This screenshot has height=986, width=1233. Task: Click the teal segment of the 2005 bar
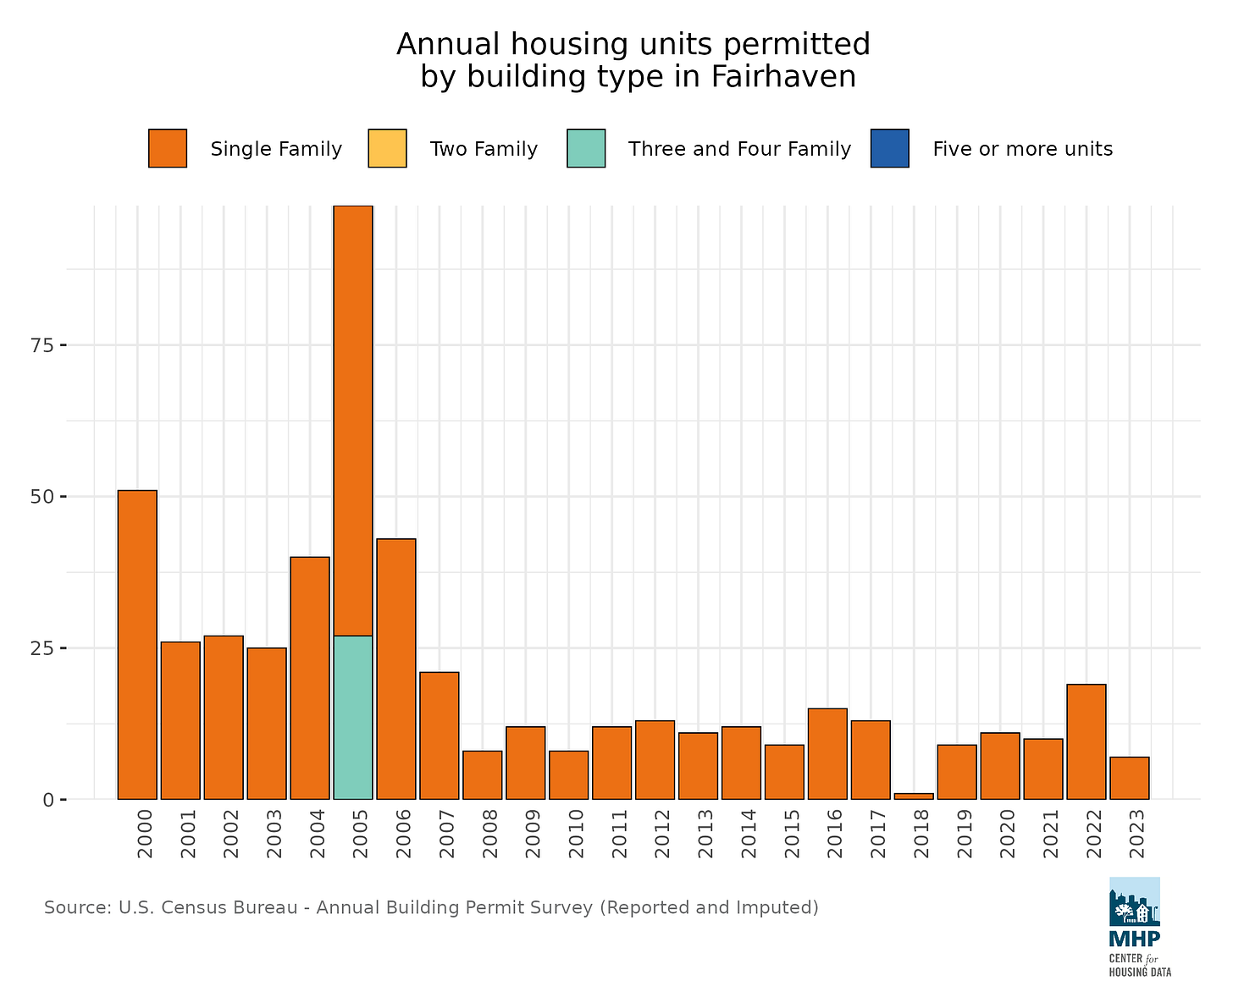tap(353, 717)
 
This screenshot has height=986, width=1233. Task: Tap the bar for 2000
tap(137, 644)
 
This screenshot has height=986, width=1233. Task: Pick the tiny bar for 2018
tap(914, 796)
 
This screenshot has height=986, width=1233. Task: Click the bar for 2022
tap(1086, 741)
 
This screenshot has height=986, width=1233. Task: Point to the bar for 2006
tap(396, 669)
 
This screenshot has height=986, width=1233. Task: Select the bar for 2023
tap(1130, 778)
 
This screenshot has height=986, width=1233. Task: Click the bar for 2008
tap(483, 774)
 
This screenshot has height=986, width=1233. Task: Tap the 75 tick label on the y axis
tap(42, 345)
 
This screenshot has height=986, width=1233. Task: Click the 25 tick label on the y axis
tap(42, 648)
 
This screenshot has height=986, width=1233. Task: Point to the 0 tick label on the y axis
tap(49, 800)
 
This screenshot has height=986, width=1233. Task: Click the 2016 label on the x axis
tap(835, 834)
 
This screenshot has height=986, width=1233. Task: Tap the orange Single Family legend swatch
tap(168, 149)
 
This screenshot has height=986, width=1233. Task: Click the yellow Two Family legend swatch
tap(387, 149)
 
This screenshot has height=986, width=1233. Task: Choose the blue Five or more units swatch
tap(890, 149)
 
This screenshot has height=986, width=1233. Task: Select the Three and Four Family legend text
tap(739, 150)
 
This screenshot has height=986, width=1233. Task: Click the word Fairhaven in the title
tap(783, 77)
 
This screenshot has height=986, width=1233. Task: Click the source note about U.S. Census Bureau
tap(431, 908)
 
